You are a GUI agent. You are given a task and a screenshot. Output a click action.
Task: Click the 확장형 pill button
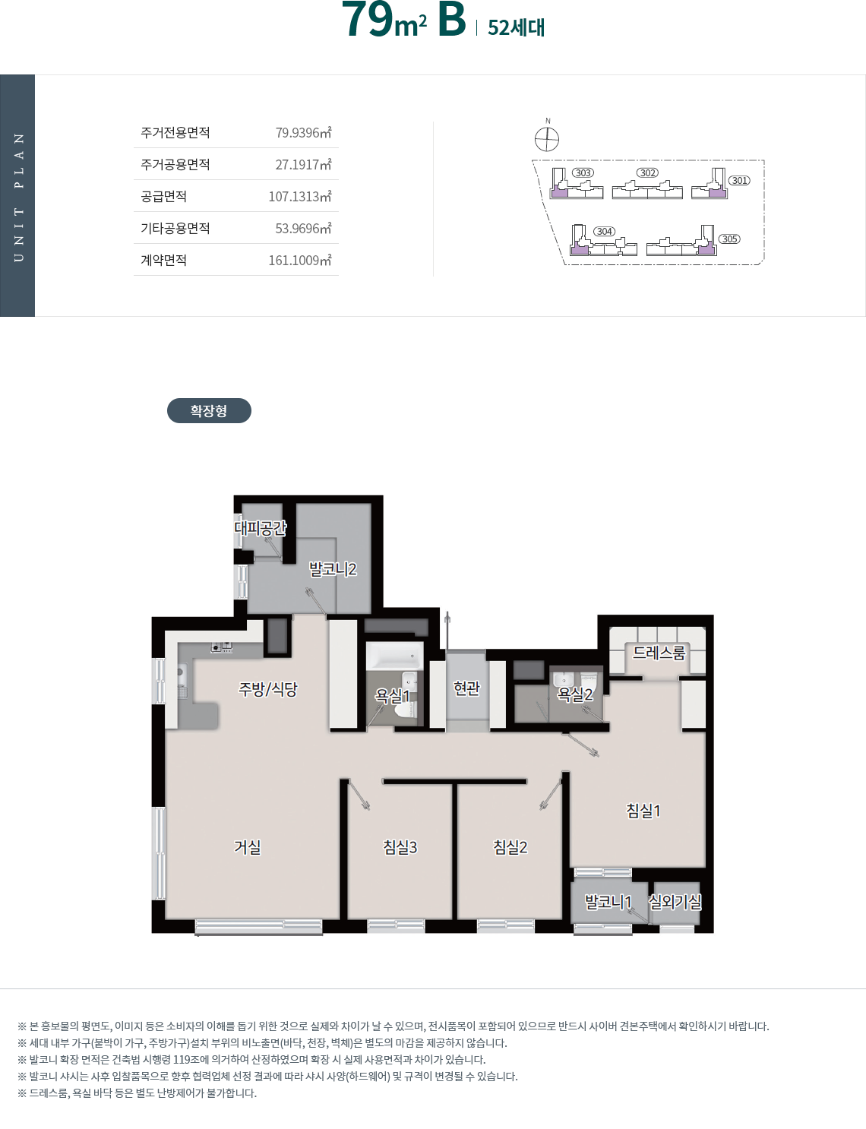pos(209,410)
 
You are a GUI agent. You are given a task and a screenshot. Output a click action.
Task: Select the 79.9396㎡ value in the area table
pos(303,132)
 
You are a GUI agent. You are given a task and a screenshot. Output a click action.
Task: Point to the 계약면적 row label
pos(163,260)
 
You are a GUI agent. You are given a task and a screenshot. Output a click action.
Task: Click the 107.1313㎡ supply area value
pos(300,196)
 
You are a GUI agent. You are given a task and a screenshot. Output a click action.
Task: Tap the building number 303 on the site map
pos(583,172)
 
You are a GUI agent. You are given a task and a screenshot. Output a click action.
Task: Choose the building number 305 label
pos(729,239)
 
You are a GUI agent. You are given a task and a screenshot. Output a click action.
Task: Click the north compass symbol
pos(547,138)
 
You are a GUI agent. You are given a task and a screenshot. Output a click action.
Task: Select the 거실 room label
pos(248,847)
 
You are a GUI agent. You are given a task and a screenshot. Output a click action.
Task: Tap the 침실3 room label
pos(400,847)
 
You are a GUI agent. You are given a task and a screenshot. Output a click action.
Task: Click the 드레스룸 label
pos(659,653)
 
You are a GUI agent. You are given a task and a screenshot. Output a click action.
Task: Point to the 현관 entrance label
pos(466,688)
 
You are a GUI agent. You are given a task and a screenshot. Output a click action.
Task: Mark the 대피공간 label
pos(261,528)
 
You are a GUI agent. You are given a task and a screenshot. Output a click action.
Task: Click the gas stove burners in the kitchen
pos(221,647)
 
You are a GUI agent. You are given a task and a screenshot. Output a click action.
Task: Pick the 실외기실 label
pos(675,901)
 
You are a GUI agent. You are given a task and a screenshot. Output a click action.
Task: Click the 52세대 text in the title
pos(516,27)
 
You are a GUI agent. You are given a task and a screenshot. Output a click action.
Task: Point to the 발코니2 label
pos(333,569)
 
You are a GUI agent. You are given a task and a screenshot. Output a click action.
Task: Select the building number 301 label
pos(739,180)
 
